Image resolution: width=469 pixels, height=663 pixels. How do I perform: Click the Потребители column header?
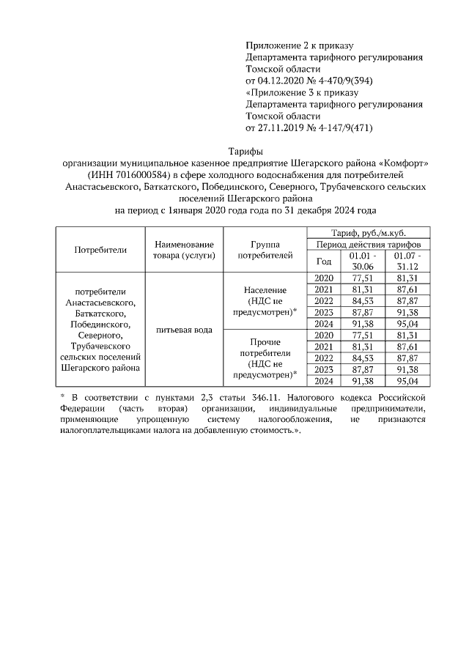(x=100, y=249)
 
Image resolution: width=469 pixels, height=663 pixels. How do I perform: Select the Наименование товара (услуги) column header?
(x=183, y=249)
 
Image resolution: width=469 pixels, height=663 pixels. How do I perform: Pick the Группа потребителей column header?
(x=265, y=249)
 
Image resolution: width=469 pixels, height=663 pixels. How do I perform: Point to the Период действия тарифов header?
(x=369, y=243)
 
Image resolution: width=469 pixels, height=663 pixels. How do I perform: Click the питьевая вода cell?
(x=183, y=330)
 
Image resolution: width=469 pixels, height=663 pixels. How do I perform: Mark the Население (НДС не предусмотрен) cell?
(x=265, y=301)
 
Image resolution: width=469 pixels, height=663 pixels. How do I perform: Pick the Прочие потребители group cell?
(x=265, y=358)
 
